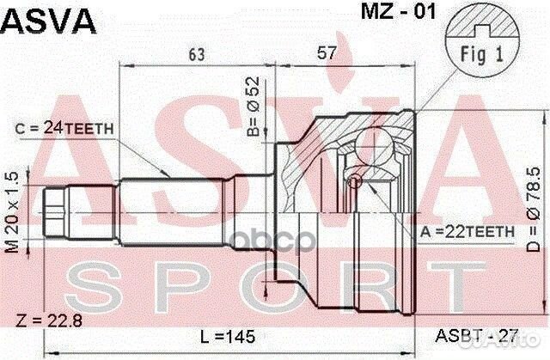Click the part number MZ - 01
point(385,13)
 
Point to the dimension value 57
point(326,53)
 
